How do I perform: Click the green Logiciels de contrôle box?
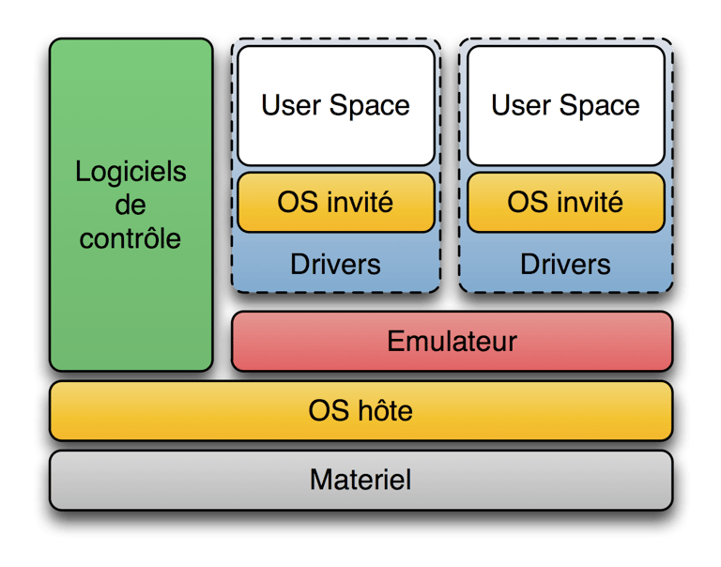point(131,282)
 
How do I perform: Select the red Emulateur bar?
point(452,341)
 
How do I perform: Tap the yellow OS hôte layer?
point(360,410)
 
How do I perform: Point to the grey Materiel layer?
point(360,480)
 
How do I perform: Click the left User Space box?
point(335,105)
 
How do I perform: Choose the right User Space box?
point(565,105)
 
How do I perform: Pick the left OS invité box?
point(335,201)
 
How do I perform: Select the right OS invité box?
point(565,201)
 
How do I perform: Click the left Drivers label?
point(335,264)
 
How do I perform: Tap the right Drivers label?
point(565,264)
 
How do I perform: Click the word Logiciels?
point(130,173)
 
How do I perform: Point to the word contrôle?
point(130,238)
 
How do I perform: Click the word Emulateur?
point(452,341)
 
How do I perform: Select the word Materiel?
point(360,480)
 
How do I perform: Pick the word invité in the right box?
point(586,201)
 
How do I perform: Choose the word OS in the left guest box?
point(295,201)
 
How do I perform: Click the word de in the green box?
point(130,206)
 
